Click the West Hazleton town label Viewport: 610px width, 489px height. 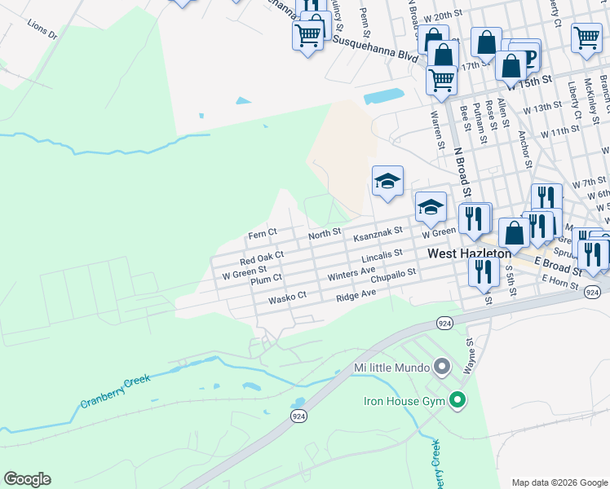(x=470, y=254)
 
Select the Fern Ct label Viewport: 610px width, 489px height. (x=263, y=234)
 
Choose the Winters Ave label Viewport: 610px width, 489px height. (x=351, y=274)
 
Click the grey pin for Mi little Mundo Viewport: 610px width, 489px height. (x=441, y=367)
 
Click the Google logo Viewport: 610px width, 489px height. (x=27, y=479)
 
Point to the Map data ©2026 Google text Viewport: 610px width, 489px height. (x=559, y=482)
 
